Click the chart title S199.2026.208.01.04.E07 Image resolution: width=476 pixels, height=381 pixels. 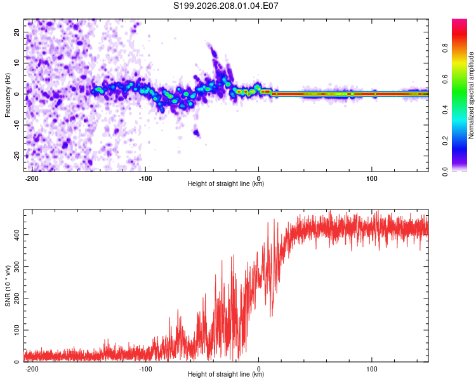(225, 6)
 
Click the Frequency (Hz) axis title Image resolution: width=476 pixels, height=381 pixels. (8, 95)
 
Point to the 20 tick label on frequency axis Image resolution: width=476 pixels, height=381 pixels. (17, 32)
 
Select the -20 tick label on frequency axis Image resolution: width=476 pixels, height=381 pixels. (17, 156)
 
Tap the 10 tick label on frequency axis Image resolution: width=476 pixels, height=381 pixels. (17, 63)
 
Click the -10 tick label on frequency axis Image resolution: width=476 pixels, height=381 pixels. (17, 125)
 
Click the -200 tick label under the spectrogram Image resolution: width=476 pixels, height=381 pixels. (32, 178)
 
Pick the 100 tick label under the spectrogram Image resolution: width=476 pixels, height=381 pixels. (371, 178)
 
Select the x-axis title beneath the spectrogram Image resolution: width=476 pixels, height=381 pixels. (226, 184)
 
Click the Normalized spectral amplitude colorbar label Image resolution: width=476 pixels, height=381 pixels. (471, 95)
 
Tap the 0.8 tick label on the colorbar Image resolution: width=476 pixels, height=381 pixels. (445, 48)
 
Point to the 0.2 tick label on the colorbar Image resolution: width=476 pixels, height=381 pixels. (445, 141)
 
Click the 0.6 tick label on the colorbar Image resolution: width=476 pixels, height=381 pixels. (445, 79)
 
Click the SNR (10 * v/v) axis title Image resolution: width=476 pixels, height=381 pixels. (8, 286)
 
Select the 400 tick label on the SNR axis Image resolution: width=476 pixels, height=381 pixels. (17, 234)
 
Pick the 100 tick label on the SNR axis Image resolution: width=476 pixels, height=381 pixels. (17, 330)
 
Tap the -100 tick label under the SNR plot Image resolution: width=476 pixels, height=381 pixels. (145, 369)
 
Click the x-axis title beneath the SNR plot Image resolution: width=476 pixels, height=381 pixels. (226, 374)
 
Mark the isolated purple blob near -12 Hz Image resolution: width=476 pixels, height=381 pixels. (196, 133)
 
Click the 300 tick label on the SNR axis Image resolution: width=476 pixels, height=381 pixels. (17, 267)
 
